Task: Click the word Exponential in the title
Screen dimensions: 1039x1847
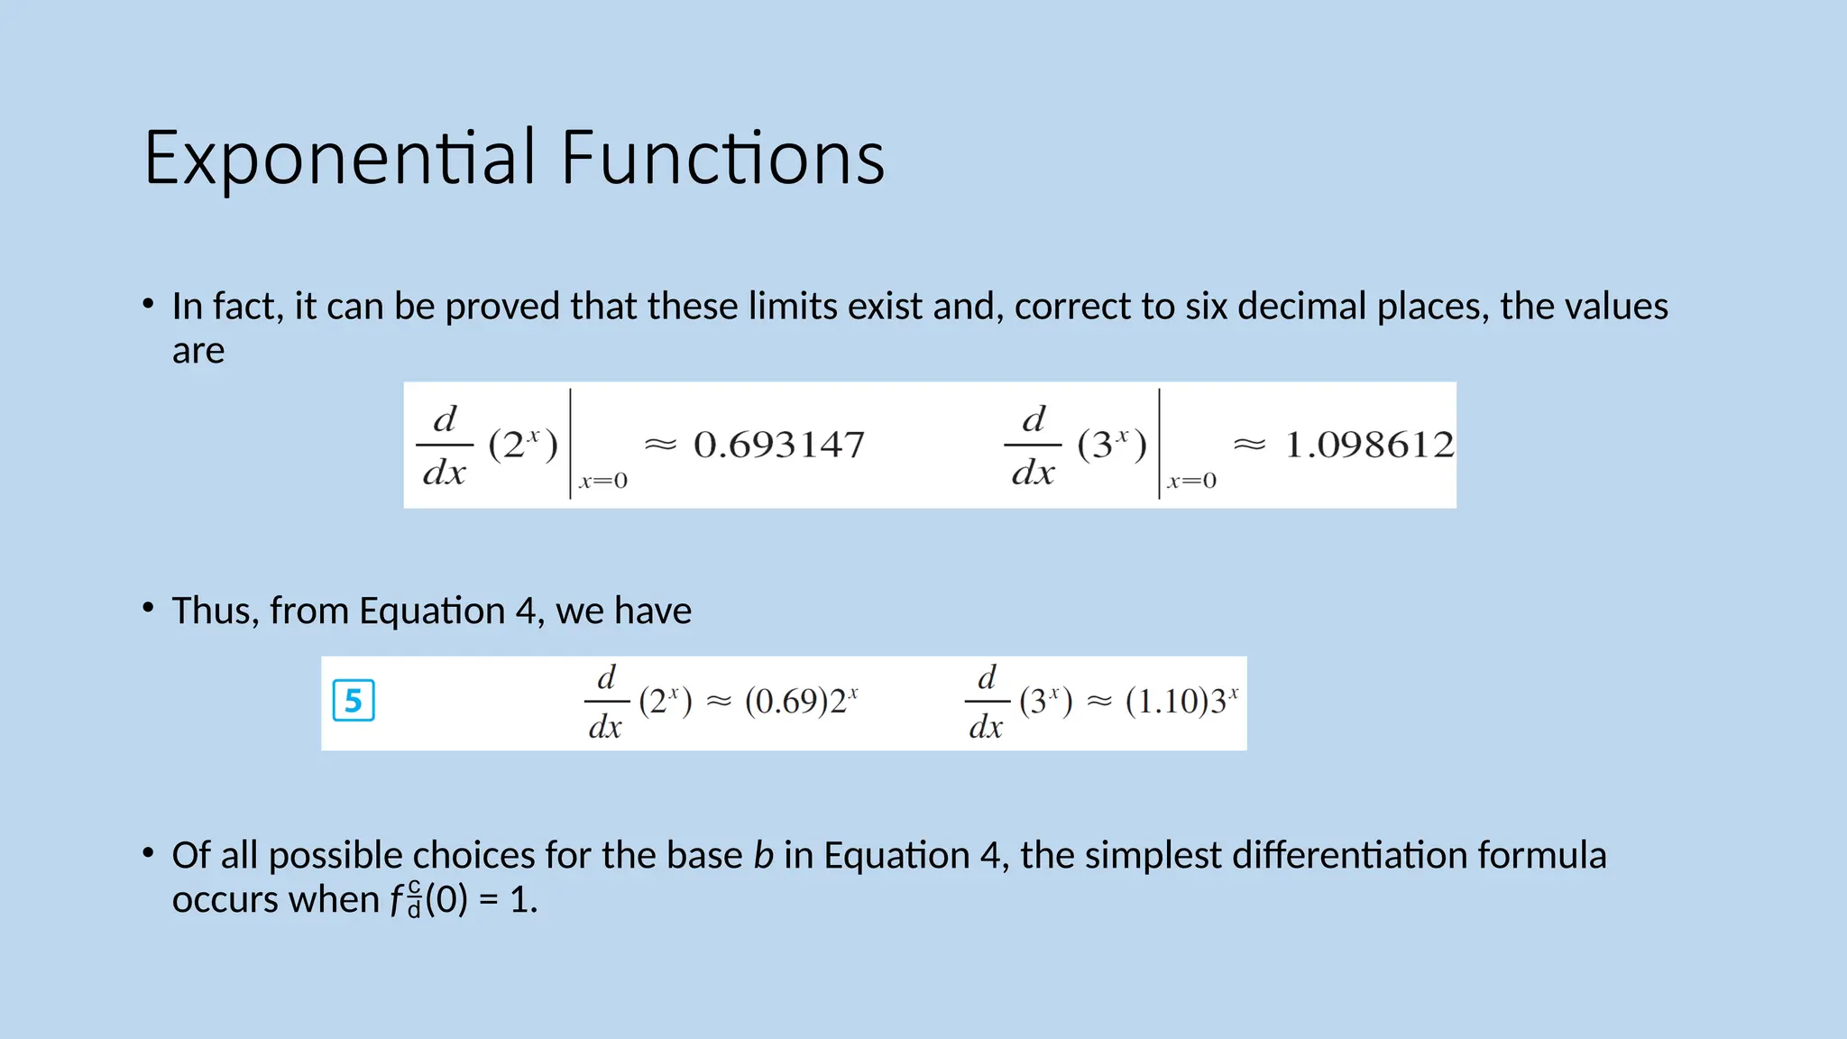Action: point(340,159)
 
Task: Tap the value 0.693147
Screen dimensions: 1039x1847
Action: point(778,445)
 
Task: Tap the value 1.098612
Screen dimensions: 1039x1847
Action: point(1369,445)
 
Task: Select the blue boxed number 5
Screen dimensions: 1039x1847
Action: point(354,702)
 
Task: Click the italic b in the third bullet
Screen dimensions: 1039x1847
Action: point(763,856)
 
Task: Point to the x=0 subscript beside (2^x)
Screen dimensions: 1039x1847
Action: point(603,481)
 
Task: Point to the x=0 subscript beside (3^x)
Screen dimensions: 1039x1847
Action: point(1191,481)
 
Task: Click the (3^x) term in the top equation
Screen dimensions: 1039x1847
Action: point(1111,445)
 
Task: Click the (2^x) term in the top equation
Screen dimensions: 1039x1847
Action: point(523,445)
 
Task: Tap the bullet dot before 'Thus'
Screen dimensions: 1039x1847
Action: point(148,608)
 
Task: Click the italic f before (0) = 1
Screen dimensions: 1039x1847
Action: point(396,900)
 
